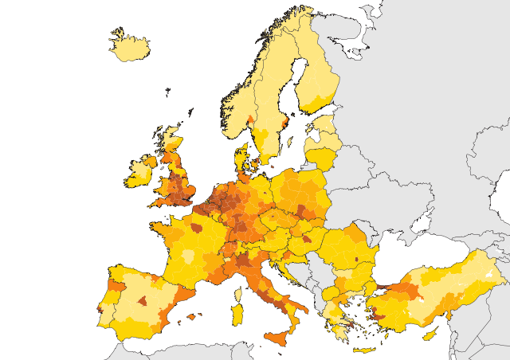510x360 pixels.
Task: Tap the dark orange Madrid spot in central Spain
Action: (x=143, y=300)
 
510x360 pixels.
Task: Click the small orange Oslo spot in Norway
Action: (x=250, y=120)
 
